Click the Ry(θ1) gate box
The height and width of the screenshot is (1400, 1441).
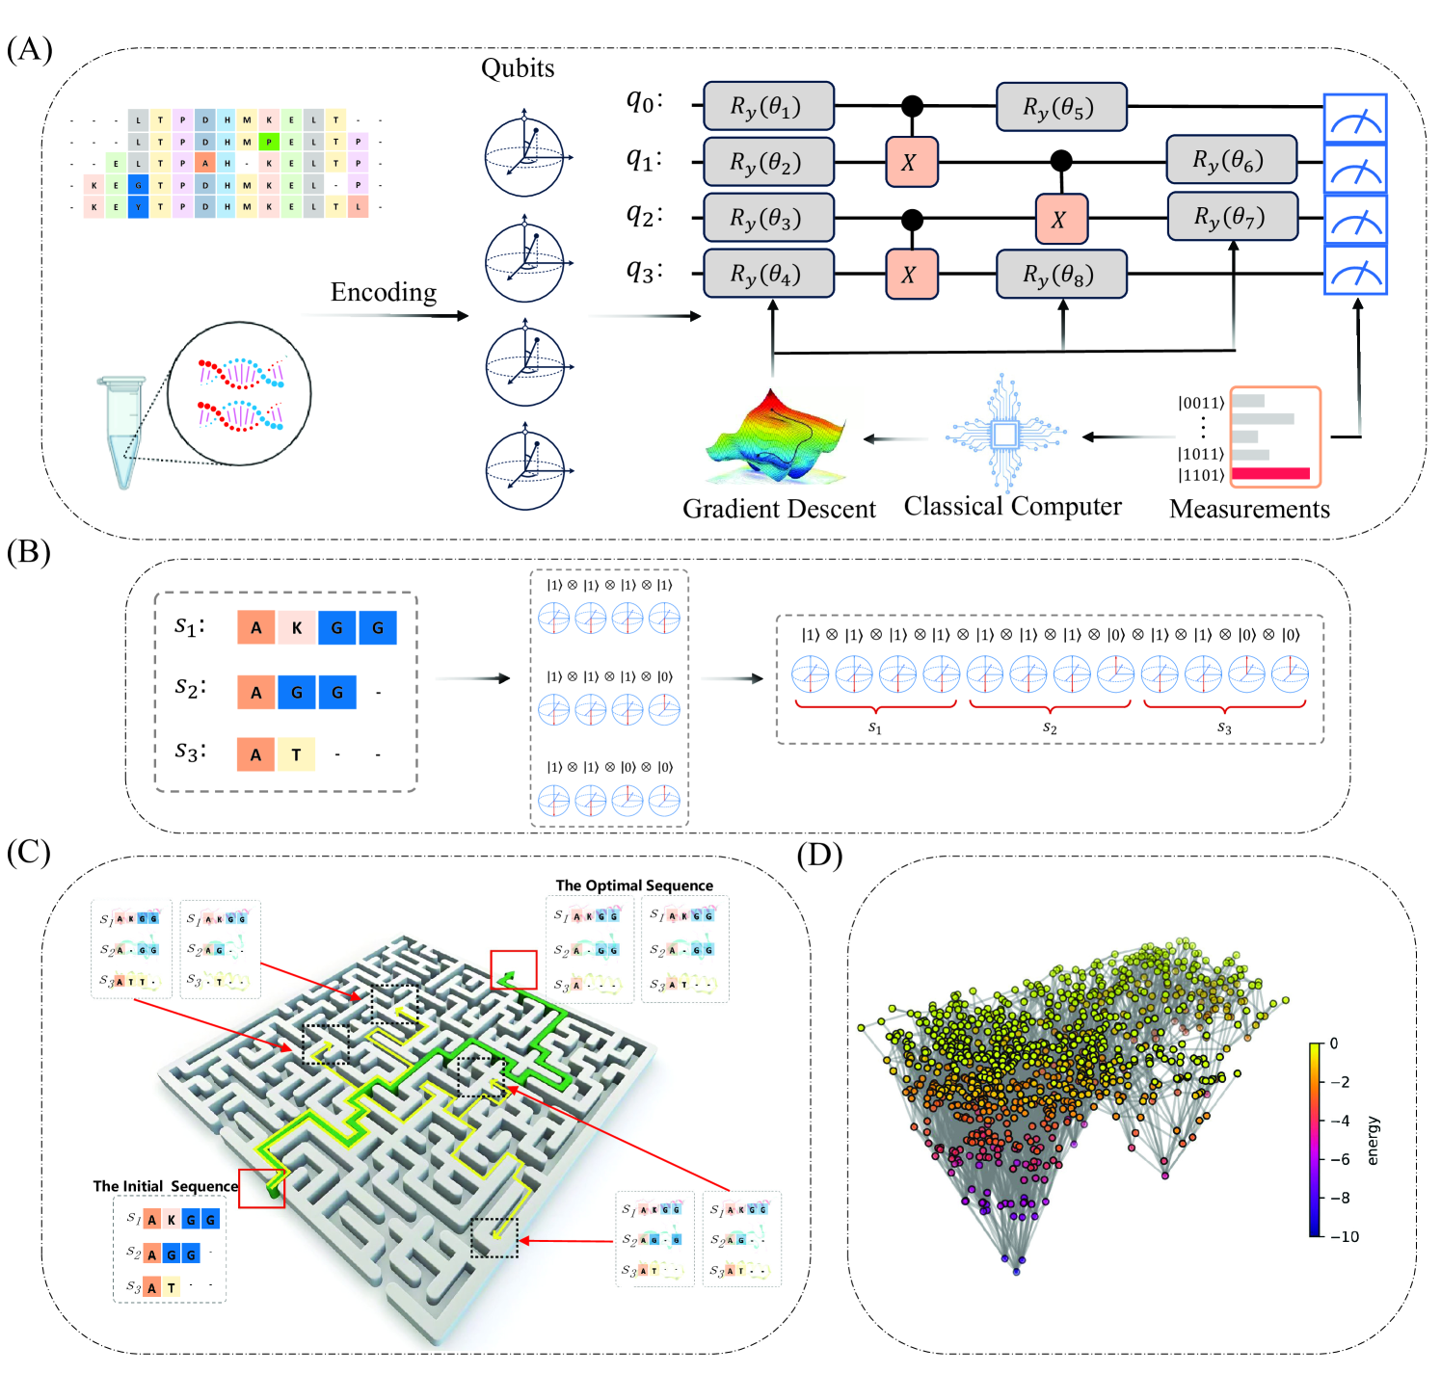click(767, 106)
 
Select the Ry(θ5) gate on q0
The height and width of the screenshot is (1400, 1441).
click(1059, 106)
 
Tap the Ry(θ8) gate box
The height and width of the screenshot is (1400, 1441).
click(1059, 275)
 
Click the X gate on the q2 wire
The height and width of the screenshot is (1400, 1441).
click(1060, 220)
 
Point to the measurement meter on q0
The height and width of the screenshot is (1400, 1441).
click(1354, 119)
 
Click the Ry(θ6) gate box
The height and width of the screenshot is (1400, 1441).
click(1230, 160)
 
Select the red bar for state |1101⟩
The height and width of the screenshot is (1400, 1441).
click(1270, 473)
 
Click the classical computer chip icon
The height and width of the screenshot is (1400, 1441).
click(1004, 436)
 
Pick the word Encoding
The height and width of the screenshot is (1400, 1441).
click(384, 292)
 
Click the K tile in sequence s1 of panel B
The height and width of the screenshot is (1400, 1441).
click(297, 628)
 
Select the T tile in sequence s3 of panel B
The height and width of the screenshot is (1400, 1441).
click(297, 754)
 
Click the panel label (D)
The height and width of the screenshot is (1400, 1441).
click(819, 855)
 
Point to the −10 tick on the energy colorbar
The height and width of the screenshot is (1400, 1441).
click(1348, 1236)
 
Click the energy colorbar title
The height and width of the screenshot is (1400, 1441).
click(1373, 1140)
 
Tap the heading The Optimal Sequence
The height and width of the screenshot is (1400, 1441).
click(634, 885)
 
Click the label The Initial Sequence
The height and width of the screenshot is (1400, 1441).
click(165, 1186)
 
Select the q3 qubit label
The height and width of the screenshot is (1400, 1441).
click(644, 272)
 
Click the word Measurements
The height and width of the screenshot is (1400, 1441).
click(1249, 509)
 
